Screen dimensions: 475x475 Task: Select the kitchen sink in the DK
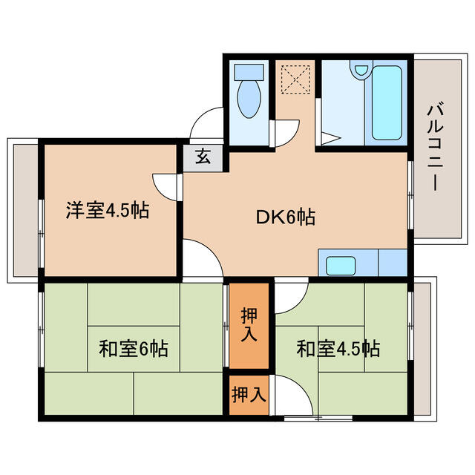click(342, 265)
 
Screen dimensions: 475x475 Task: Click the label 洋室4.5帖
click(107, 211)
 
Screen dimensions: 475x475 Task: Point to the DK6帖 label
click(287, 217)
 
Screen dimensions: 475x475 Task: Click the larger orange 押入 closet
click(248, 325)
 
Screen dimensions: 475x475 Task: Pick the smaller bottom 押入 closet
click(248, 394)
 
